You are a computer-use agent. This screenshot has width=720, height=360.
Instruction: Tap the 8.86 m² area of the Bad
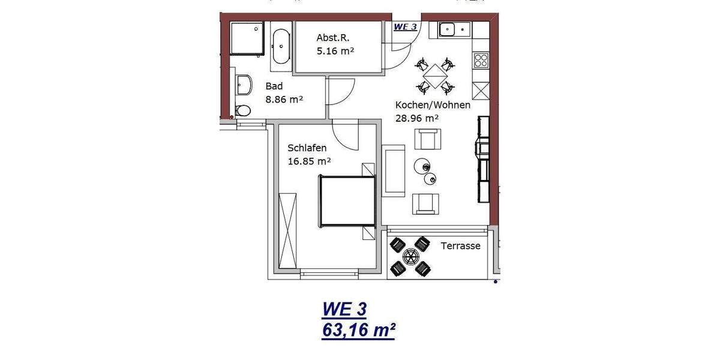(284, 100)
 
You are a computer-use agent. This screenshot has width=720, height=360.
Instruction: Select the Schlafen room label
(307, 148)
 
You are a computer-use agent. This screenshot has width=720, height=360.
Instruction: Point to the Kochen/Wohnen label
(433, 105)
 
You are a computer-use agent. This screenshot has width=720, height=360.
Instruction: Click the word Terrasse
(460, 246)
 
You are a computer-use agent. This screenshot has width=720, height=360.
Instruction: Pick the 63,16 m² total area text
(358, 329)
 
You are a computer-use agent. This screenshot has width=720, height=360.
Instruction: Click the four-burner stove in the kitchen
(481, 60)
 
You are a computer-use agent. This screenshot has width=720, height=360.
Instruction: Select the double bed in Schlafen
(347, 201)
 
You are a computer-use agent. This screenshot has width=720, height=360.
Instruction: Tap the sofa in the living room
(394, 171)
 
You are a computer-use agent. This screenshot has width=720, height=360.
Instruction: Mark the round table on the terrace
(410, 257)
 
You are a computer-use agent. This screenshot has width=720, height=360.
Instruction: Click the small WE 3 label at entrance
(405, 26)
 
